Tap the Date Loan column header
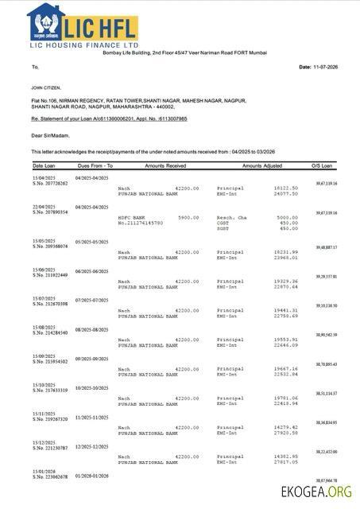(x=44, y=165)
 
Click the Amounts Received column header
(x=165, y=165)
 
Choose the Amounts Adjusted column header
(x=262, y=165)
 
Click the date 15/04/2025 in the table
(x=44, y=177)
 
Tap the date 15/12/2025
(x=44, y=442)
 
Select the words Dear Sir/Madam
(x=50, y=136)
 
